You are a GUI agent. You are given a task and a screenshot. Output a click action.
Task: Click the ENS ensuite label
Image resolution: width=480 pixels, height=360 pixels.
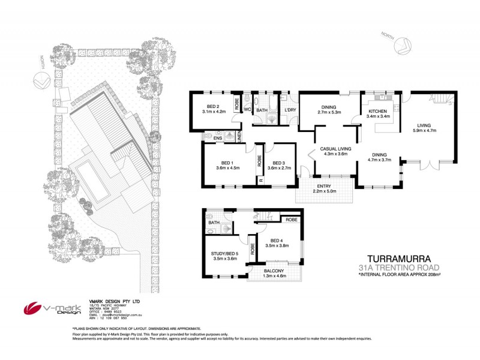click(x=218, y=137)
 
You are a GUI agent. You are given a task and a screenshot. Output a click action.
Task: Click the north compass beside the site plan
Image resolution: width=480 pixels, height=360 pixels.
click(x=41, y=79)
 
